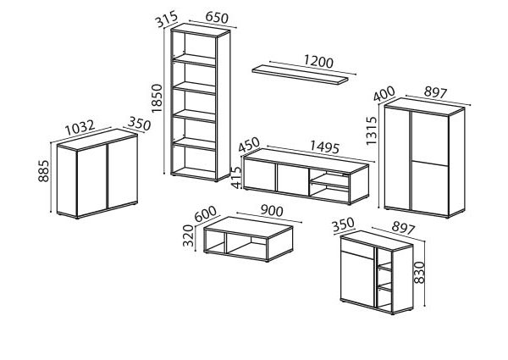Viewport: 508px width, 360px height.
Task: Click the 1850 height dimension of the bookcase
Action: (x=157, y=98)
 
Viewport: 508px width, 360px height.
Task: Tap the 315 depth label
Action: (x=167, y=19)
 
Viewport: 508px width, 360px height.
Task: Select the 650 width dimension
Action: (x=217, y=18)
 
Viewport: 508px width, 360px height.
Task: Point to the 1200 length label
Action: (x=318, y=61)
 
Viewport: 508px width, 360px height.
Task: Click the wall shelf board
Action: (x=300, y=75)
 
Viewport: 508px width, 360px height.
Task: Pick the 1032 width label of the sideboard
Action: (x=80, y=128)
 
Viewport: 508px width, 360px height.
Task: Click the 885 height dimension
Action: (x=43, y=171)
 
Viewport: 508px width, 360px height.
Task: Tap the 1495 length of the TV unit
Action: (x=324, y=147)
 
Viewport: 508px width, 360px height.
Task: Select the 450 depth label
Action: (x=249, y=145)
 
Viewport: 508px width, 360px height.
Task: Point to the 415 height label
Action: (x=237, y=178)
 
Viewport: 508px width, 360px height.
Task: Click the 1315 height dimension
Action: (x=372, y=130)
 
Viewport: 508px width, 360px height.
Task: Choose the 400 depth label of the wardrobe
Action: (x=384, y=94)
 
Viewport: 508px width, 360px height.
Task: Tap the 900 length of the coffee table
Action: (x=272, y=211)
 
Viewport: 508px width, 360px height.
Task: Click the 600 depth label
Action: (x=206, y=213)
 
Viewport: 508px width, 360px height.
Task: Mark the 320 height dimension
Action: (x=188, y=235)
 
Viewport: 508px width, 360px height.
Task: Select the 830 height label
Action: (x=419, y=273)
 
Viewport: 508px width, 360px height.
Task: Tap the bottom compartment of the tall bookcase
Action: (x=195, y=160)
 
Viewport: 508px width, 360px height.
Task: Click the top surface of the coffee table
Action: (x=248, y=228)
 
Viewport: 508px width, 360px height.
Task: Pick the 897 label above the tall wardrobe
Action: (x=436, y=92)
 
